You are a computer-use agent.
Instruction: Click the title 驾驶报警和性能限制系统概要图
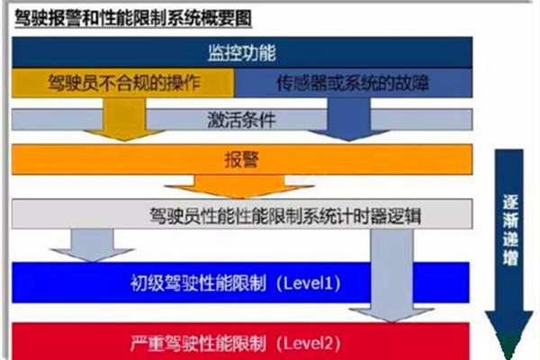[133, 18]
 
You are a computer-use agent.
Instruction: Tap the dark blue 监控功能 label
[242, 53]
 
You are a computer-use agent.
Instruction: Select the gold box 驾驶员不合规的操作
[123, 83]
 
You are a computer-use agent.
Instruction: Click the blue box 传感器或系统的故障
[354, 83]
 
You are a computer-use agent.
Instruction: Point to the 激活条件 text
[242, 120]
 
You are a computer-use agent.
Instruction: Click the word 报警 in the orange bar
[242, 160]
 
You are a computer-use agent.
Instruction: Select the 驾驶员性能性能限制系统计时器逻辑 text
[285, 216]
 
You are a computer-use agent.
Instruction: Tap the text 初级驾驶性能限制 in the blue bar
[198, 283]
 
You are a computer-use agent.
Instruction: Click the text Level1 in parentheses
[309, 283]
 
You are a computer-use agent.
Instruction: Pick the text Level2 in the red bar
[309, 343]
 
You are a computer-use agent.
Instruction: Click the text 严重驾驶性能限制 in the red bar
[198, 343]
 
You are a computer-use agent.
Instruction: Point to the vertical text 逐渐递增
[510, 230]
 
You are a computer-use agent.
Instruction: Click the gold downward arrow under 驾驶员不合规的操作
[124, 119]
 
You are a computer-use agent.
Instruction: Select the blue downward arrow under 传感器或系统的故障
[348, 119]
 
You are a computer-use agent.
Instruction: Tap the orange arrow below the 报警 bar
[239, 186]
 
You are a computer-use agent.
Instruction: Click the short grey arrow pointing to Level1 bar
[92, 246]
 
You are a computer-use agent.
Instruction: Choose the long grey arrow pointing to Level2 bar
[391, 275]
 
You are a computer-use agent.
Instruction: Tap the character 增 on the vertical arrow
[510, 257]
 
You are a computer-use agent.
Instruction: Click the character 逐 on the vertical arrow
[510, 203]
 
